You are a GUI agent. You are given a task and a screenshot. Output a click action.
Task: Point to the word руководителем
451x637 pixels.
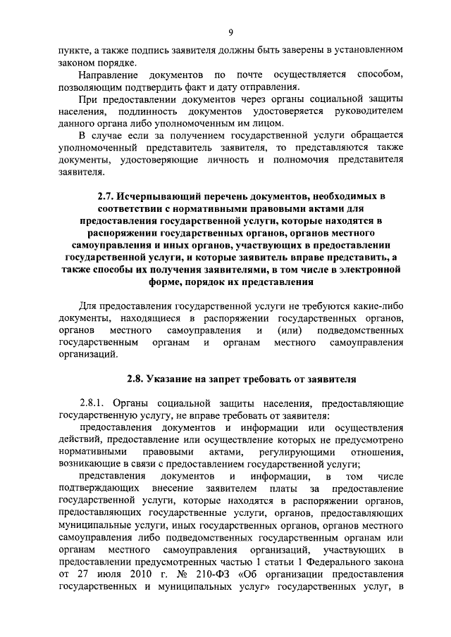[x=369, y=111]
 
